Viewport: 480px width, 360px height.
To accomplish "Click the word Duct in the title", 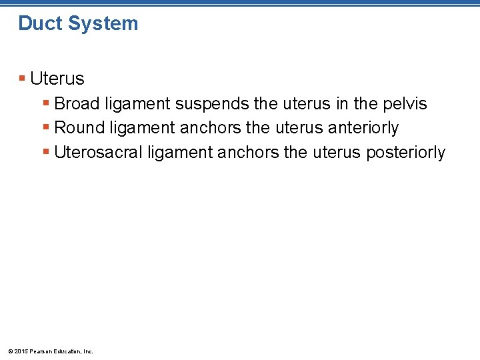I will [39, 23].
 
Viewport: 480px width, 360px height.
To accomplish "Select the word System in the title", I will [101, 23].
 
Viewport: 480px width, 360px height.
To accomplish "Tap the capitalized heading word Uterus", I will [57, 79].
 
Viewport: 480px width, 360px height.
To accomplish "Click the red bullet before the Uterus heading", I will [23, 79].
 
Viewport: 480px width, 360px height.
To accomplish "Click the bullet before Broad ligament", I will [46, 104].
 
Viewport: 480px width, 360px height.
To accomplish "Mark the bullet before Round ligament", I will [46, 128].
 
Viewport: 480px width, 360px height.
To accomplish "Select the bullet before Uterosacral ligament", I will [46, 152].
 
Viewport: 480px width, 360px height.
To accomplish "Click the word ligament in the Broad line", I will [137, 104].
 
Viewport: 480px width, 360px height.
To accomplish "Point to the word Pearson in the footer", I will [41, 351].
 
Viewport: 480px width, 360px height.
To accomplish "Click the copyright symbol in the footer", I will [9, 351].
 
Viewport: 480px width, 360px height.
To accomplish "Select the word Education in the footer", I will [68, 351].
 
